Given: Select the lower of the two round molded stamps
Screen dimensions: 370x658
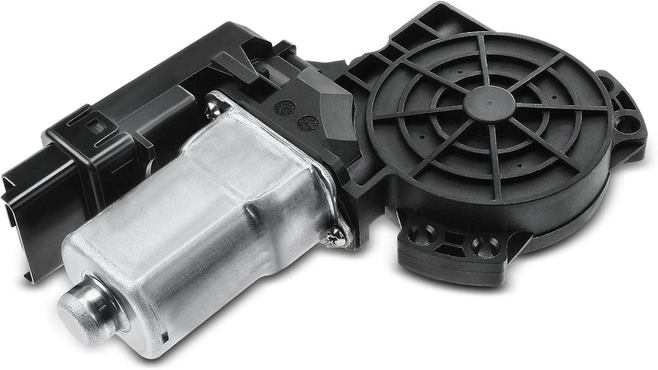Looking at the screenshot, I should pyautogui.click(x=308, y=122).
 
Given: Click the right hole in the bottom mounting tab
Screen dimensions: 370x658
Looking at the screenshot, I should pyautogui.click(x=485, y=246).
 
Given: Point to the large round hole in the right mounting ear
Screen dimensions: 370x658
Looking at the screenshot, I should pyautogui.click(x=626, y=124).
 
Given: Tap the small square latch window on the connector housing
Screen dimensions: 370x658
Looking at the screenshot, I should pyautogui.click(x=93, y=126).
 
